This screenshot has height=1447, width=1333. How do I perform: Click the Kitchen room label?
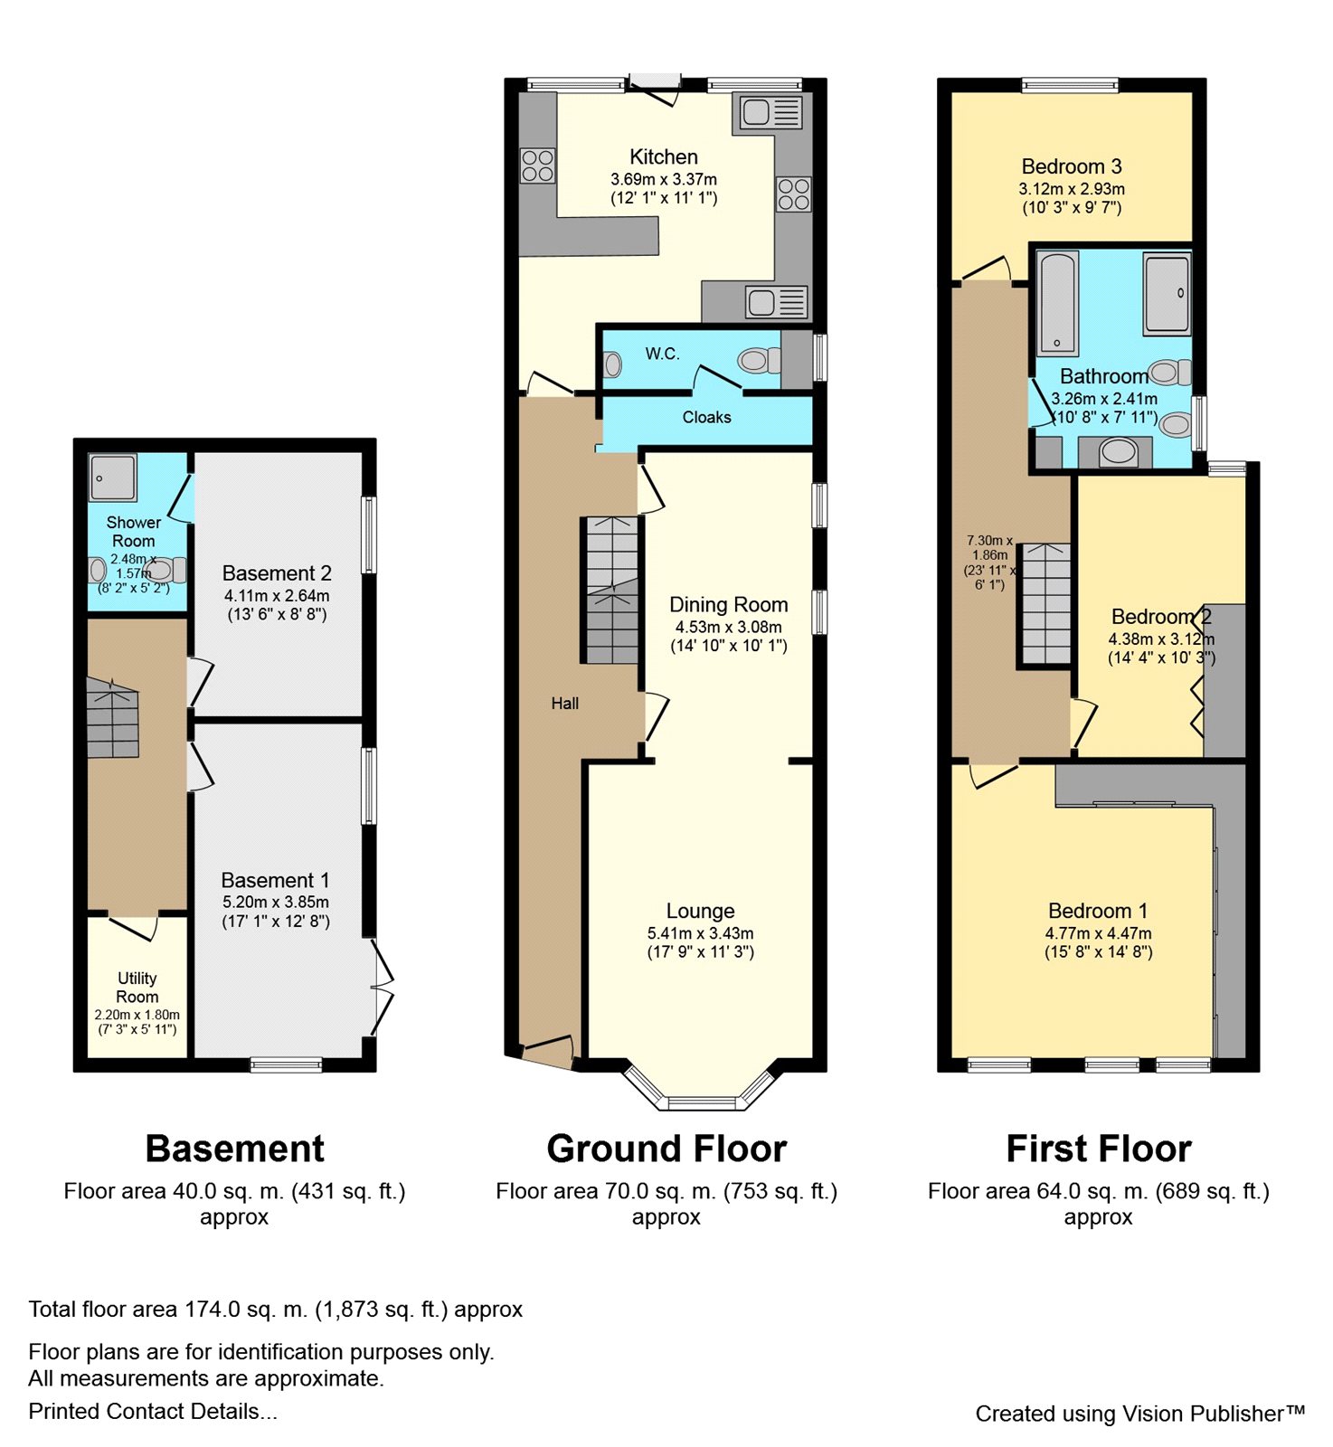coord(664,156)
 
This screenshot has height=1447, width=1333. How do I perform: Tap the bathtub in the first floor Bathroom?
coord(1057,302)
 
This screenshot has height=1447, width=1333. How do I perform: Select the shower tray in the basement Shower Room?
coord(113,477)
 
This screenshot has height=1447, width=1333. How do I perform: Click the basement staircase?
coord(113,718)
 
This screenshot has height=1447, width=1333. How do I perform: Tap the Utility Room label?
coord(137,987)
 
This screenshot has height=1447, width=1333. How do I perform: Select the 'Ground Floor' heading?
coord(666,1149)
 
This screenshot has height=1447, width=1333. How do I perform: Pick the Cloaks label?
coord(706,417)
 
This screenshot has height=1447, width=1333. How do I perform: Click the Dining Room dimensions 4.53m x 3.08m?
coord(729,627)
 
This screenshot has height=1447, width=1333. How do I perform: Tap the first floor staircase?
coord(1046,603)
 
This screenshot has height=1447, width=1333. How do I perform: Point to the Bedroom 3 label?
coord(1072,166)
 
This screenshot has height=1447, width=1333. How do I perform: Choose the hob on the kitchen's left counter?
coord(537,166)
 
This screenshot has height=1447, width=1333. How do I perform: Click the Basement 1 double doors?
coord(382,988)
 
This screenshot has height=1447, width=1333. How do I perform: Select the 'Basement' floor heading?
coord(234,1149)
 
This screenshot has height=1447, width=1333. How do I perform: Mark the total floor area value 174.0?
coord(213,1310)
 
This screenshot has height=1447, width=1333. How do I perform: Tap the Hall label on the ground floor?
coord(565,703)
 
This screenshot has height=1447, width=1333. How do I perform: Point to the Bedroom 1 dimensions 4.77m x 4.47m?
coord(1099,933)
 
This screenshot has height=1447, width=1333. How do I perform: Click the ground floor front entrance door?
coord(548,1052)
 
